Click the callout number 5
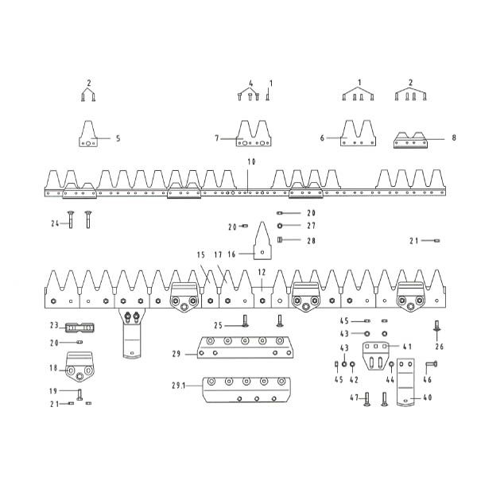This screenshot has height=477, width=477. click(x=118, y=138)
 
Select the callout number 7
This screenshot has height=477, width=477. click(x=217, y=138)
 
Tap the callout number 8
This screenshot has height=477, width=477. click(x=454, y=138)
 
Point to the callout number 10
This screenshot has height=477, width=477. click(x=251, y=162)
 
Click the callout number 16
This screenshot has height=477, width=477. click(x=232, y=254)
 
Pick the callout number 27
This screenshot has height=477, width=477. click(x=311, y=226)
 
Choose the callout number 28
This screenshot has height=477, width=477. click(x=311, y=241)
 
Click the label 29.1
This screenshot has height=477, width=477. click(x=179, y=386)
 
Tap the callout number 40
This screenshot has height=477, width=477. click(x=428, y=397)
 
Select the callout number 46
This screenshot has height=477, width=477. click(x=428, y=380)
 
